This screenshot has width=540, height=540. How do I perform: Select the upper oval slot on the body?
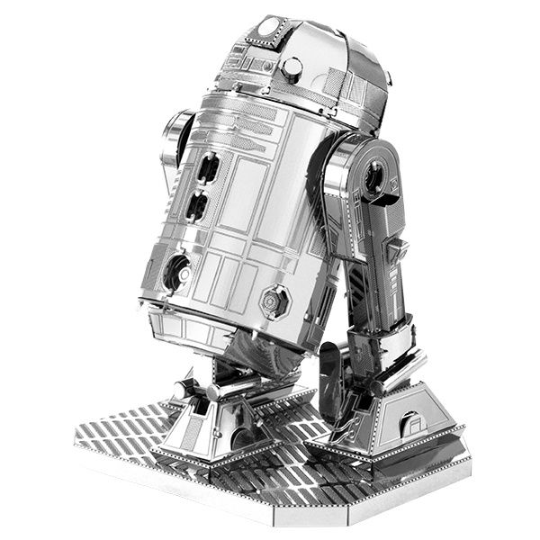208,167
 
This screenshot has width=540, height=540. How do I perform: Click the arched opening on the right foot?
410,423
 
